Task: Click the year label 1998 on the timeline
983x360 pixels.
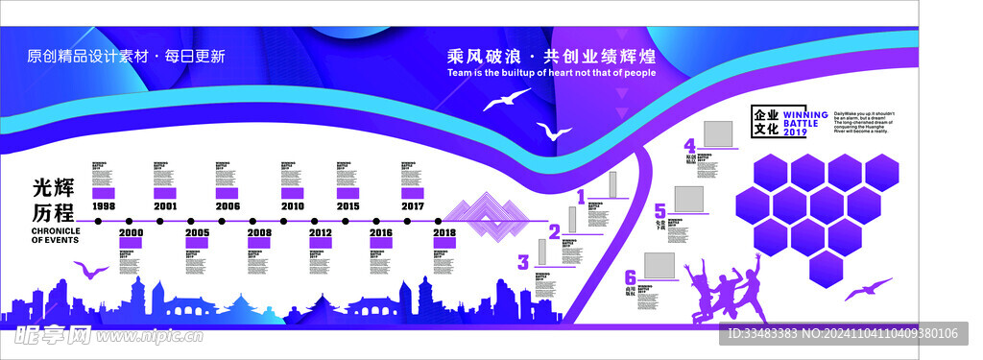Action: click(x=104, y=206)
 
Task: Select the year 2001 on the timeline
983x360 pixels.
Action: click(x=165, y=206)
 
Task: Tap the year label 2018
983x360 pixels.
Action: click(x=444, y=233)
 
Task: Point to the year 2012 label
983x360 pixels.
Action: click(x=321, y=233)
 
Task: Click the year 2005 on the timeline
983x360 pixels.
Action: click(x=198, y=233)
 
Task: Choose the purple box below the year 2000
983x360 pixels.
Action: click(x=131, y=245)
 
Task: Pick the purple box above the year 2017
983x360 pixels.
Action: click(x=413, y=193)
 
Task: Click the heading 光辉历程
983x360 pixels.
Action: click(x=54, y=200)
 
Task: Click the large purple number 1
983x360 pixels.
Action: click(x=580, y=198)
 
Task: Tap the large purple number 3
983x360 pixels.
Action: click(x=523, y=262)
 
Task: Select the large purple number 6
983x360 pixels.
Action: click(x=630, y=277)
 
